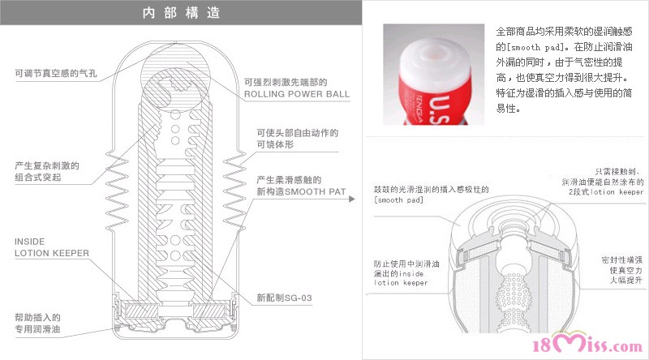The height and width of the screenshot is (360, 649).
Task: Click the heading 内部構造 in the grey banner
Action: tap(181, 13)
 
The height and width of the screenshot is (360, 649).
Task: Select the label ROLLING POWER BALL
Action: tap(297, 94)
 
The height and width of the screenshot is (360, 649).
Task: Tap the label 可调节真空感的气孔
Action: tap(56, 73)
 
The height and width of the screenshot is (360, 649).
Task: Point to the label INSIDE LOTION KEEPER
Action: tap(52, 247)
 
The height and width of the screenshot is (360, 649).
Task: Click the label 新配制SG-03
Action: tap(284, 298)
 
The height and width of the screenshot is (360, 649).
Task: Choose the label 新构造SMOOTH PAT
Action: tap(301, 186)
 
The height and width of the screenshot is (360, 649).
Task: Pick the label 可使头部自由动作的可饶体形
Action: tap(297, 139)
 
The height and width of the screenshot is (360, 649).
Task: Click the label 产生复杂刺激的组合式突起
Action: tap(47, 171)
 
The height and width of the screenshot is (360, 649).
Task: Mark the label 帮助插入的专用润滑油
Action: tap(37, 324)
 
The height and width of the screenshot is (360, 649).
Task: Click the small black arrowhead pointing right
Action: tap(352, 199)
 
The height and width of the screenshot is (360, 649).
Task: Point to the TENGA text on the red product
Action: tap(419, 109)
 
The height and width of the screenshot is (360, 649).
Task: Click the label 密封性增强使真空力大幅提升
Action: tap(621, 270)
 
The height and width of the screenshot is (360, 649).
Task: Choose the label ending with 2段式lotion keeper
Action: tap(603, 182)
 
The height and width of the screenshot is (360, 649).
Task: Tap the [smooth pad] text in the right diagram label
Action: tap(398, 199)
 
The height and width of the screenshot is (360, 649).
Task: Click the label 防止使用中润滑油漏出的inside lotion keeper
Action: tap(406, 273)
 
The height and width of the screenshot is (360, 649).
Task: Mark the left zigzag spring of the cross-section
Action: tap(117, 191)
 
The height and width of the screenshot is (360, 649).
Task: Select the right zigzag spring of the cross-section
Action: tap(234, 191)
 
